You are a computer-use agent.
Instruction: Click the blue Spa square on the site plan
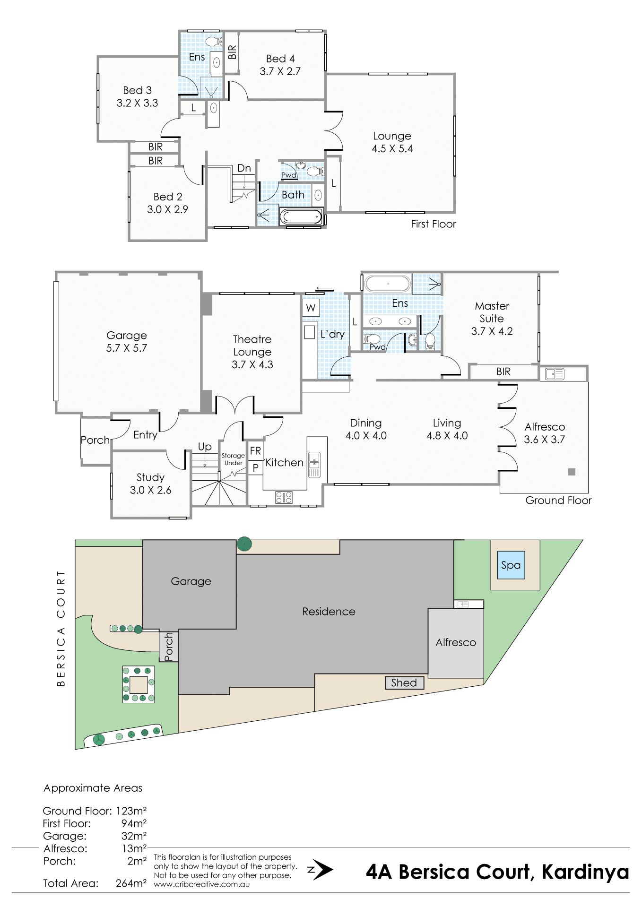[x=511, y=565]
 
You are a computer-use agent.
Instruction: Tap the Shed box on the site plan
[x=404, y=682]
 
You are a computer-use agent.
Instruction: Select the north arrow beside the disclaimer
[x=321, y=870]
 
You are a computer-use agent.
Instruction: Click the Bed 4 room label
[x=280, y=59]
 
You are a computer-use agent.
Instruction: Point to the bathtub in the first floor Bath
[x=301, y=217]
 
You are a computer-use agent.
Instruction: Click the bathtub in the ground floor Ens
[x=388, y=284]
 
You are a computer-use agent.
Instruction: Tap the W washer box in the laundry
[x=311, y=308]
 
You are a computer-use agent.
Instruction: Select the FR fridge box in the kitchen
[x=255, y=451]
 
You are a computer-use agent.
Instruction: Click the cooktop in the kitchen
[x=284, y=497]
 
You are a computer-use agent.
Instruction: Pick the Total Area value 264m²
[x=131, y=883]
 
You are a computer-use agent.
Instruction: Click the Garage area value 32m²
[x=134, y=836]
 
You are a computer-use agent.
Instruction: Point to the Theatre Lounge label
[x=252, y=346]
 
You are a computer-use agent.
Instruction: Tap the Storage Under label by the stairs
[x=233, y=459]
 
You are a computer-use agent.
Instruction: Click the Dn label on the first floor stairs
[x=244, y=168]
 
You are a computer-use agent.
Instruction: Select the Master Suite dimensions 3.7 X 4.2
[x=492, y=331]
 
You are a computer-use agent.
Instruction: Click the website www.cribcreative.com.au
[x=202, y=884]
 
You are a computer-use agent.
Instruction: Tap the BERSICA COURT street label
[x=61, y=628]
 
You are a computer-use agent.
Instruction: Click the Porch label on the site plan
[x=169, y=647]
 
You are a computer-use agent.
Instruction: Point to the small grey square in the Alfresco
[x=572, y=472]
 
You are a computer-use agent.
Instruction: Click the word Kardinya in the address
[x=585, y=872]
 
